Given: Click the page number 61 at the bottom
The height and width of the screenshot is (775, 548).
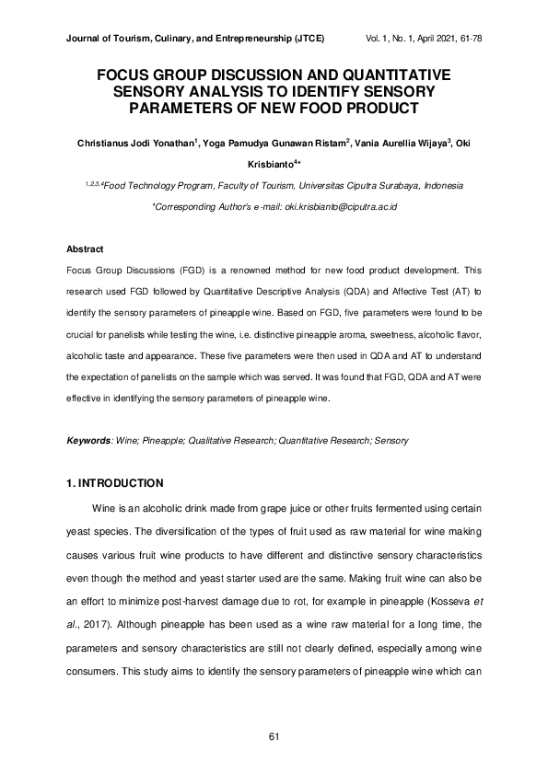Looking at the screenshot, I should tap(274, 736).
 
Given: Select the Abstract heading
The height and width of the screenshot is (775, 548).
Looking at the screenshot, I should tap(85, 249).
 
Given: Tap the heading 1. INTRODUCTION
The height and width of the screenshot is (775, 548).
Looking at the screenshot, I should tap(115, 483).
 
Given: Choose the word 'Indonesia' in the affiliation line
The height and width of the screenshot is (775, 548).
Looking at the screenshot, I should tap(443, 186).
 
